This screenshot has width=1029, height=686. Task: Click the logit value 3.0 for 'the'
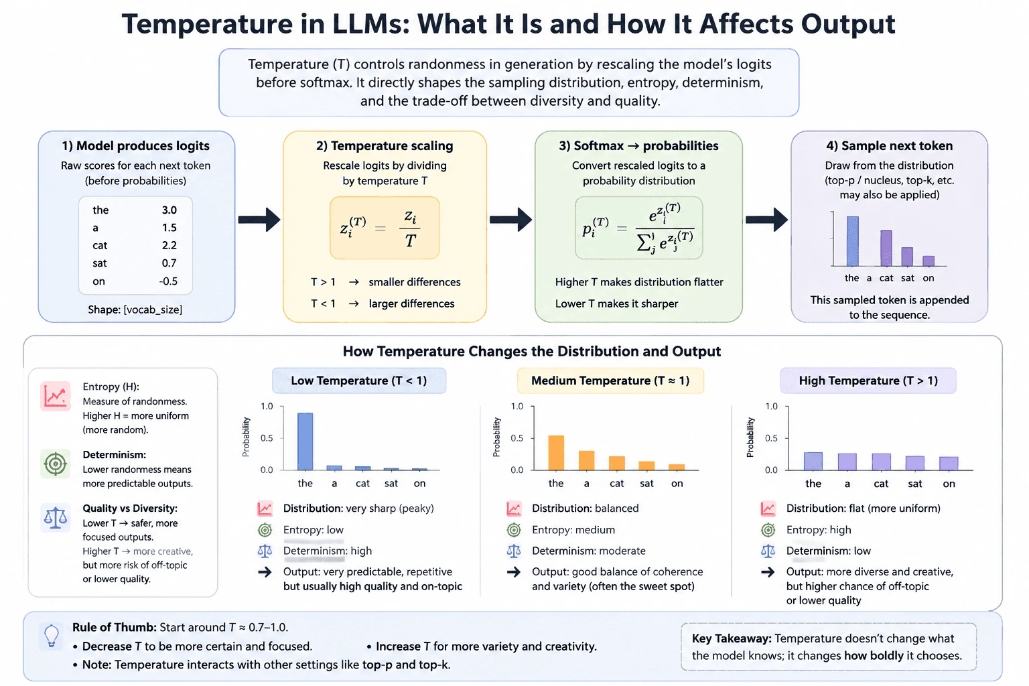169,210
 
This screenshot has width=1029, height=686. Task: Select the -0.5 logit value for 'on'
168,281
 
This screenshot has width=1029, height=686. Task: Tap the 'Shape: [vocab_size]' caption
135,310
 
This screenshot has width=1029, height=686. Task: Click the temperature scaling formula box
385,228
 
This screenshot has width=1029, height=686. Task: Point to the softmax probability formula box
638,228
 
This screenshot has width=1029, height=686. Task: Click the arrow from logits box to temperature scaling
259,219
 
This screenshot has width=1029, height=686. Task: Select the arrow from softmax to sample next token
766,219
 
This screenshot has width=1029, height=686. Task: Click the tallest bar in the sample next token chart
853,241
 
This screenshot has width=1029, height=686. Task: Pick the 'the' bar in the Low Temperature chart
305,441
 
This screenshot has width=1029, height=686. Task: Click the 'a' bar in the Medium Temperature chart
586,460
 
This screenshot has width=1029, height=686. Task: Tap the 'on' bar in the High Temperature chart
949,463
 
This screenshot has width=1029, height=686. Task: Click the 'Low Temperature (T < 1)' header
359,381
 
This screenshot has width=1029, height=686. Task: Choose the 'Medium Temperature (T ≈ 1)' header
610,381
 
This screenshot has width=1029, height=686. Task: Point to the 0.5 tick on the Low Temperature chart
267,438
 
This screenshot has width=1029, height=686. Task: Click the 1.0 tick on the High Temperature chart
771,406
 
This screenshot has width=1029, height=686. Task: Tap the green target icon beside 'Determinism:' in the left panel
56,464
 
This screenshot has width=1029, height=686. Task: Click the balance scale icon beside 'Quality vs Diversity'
56,517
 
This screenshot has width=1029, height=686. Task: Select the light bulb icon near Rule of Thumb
52,636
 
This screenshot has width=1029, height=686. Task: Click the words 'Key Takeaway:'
732,638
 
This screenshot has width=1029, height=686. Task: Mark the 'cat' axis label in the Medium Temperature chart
616,484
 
